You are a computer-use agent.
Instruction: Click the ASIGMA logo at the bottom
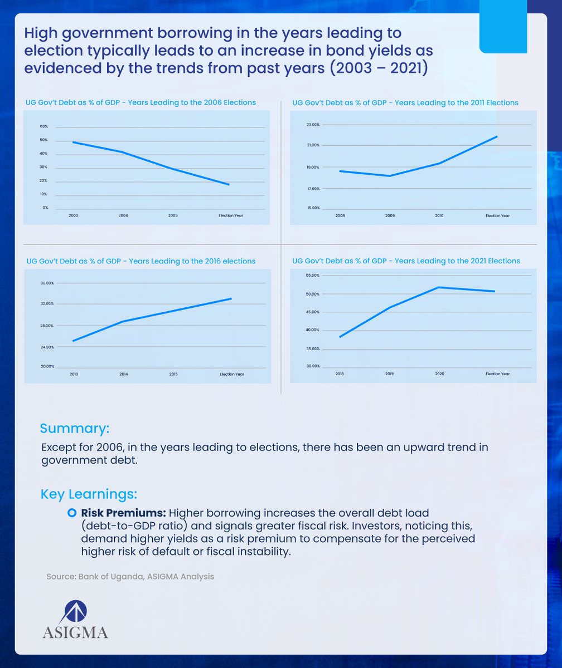75,619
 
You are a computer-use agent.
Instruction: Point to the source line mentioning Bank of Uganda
130,577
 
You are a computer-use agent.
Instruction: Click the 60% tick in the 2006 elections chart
43,127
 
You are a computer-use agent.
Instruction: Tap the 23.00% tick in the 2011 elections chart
313,125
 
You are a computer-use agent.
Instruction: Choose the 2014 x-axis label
123,374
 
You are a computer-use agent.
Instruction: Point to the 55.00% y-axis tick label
313,276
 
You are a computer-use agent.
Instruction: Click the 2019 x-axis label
389,374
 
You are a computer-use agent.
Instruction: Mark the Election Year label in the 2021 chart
497,374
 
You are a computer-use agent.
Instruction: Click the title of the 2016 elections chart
140,261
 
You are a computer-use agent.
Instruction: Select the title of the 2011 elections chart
405,103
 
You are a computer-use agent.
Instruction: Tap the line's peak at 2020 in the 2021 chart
439,287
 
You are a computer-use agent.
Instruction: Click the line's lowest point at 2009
390,176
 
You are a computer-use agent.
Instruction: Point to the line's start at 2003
73,142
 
